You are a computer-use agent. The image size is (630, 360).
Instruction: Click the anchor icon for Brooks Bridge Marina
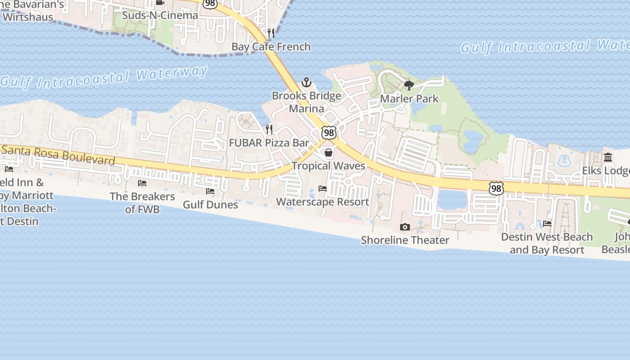[306, 82]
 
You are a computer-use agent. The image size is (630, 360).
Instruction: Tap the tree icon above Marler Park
[409, 85]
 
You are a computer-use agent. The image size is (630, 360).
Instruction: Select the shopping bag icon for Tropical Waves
[328, 153]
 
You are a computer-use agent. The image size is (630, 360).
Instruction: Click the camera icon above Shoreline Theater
[405, 227]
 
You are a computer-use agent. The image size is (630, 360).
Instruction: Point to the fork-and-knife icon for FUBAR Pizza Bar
[269, 130]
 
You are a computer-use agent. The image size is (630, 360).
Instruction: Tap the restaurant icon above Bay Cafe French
[271, 33]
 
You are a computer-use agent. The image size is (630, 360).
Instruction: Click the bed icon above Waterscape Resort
[323, 188]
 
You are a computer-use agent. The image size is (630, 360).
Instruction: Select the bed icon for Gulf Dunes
[210, 191]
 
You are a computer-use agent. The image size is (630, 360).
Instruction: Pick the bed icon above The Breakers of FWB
[142, 183]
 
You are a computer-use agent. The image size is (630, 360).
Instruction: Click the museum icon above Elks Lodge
[608, 157]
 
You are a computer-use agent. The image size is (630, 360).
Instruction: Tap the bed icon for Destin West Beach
[547, 223]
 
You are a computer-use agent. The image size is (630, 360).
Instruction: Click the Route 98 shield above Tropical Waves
[328, 133]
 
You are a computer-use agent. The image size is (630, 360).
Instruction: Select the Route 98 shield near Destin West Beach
[496, 188]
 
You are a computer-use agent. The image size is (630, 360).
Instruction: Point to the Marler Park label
[409, 99]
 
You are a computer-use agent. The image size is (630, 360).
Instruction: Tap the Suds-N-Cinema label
[160, 15]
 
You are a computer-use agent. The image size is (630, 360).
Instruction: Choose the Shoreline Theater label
[405, 240]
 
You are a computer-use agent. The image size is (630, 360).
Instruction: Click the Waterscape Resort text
[323, 202]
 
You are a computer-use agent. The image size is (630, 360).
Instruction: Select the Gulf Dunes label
[210, 204]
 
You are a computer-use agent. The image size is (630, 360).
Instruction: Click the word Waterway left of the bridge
[172, 73]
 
